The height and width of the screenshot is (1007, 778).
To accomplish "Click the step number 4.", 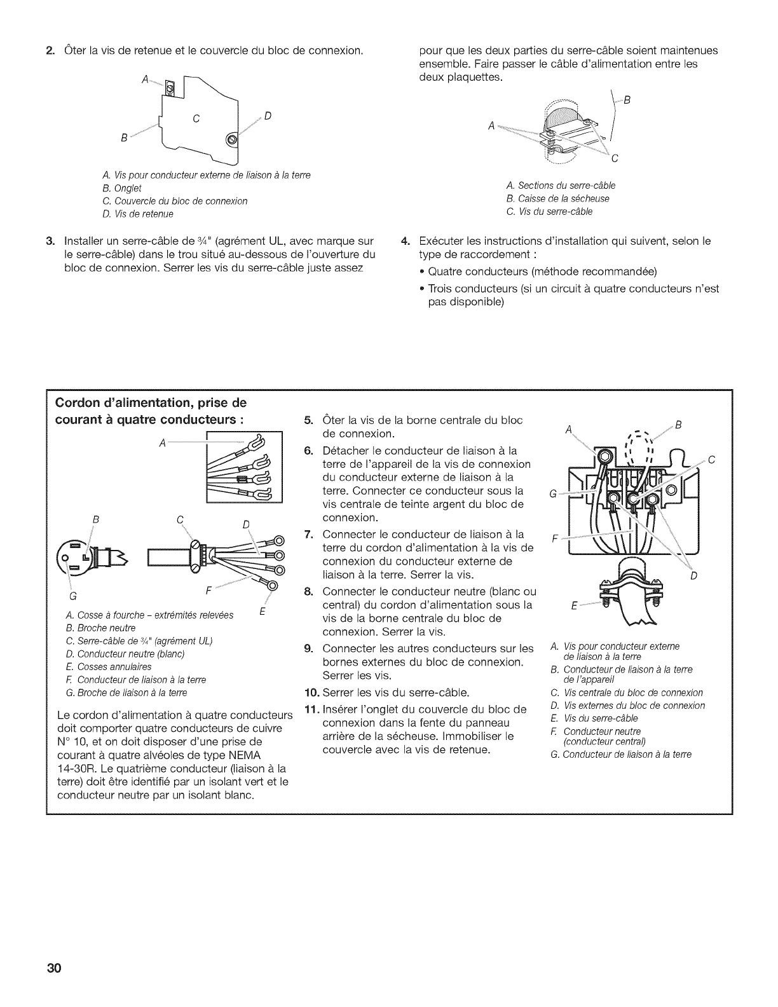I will (404, 242).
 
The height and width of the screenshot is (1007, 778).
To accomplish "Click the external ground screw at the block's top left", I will (604, 456).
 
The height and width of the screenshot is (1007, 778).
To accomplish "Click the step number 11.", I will (311, 709).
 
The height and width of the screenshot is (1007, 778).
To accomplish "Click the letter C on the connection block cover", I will (196, 118).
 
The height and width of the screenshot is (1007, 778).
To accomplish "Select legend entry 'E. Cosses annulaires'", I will (109, 667).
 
